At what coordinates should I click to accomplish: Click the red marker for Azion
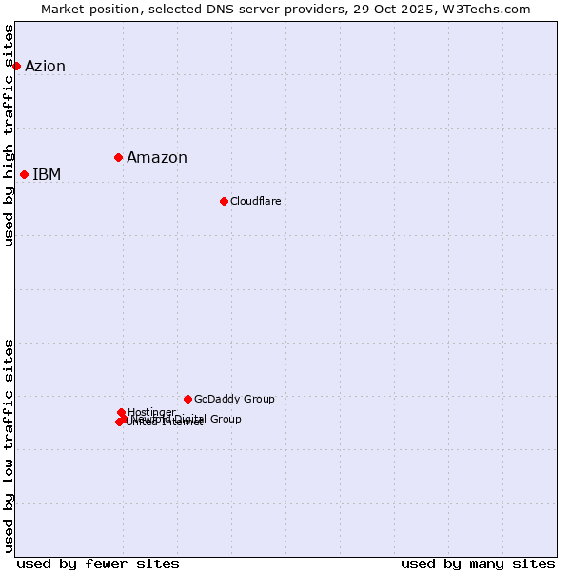16,66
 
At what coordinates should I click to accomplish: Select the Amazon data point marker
118,157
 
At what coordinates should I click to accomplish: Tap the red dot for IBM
24,174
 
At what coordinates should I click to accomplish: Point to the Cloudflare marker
224,201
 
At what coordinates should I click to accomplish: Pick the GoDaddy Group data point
187,399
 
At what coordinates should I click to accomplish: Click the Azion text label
45,66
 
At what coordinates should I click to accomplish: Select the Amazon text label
157,158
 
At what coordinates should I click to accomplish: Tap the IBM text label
47,174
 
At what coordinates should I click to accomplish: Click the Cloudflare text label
255,201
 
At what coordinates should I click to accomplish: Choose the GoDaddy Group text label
234,399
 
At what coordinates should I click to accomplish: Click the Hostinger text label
151,412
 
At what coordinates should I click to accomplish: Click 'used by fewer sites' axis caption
98,563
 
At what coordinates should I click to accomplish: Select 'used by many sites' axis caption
478,563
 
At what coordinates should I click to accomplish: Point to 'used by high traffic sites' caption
10,135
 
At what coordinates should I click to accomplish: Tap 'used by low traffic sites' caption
10,444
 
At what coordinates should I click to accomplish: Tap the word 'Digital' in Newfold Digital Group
193,419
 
